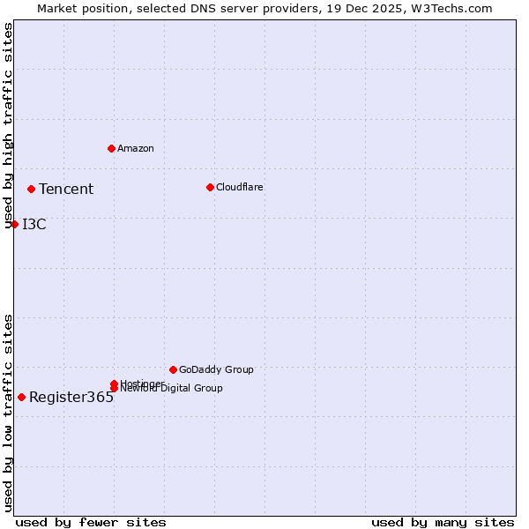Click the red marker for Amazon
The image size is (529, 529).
(111, 148)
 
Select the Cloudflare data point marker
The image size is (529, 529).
(210, 187)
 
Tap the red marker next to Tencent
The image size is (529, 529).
(31, 189)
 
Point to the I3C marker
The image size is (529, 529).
(14, 224)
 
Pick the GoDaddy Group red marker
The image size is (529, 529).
(173, 369)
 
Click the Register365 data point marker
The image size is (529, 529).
(21, 397)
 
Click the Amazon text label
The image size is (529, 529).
(136, 148)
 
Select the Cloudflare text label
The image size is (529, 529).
(240, 187)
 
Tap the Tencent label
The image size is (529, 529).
(66, 189)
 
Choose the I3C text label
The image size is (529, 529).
(34, 224)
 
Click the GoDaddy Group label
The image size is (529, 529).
(216, 369)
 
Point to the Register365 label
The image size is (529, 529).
(71, 397)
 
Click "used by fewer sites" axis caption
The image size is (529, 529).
(91, 522)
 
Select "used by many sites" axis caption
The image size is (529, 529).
(443, 522)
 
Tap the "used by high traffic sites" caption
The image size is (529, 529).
(9, 126)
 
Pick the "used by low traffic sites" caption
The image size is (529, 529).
(9, 413)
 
